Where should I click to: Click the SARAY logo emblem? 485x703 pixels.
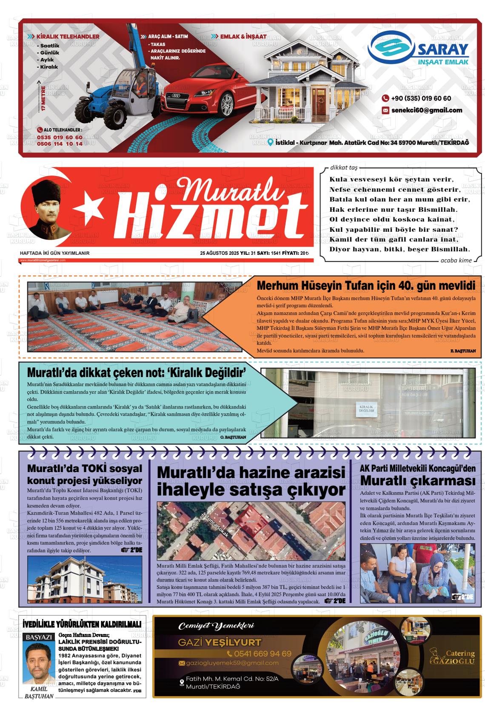(x=391, y=49)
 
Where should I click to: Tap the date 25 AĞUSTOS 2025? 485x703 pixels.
(x=220, y=253)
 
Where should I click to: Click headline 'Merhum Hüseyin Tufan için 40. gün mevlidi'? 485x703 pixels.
(x=365, y=285)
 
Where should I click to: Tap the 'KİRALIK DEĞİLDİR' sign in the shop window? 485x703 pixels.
(x=366, y=409)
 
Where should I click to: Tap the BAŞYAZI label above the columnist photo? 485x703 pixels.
(x=39, y=637)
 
